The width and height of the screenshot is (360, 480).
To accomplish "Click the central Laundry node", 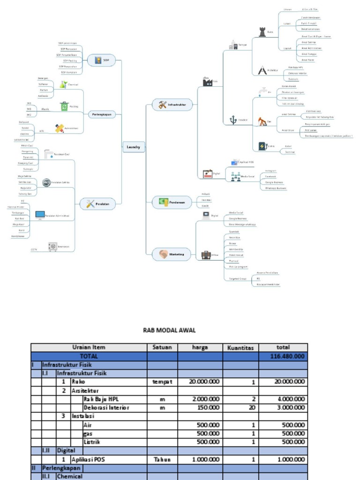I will coord(133,147).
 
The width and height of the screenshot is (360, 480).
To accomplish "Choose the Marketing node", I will coord(172,255).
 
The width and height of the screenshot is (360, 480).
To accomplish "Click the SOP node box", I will coord(101,60).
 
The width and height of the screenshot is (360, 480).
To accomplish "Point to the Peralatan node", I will coord(101,204).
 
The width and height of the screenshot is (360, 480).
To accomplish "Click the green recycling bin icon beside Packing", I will coord(64,106).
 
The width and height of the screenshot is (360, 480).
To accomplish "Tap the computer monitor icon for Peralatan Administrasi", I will coord(40,216).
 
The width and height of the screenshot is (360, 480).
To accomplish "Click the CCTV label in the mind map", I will coord(34,249).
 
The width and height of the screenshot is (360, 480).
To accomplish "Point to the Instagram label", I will coord(270,171).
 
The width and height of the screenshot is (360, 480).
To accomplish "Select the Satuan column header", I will coord(162,348).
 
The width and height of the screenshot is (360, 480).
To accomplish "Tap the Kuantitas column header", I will coord(240,348).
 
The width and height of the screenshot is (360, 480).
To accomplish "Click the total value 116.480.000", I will coord(287,356).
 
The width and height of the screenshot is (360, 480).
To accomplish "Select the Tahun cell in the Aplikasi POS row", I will coord(162,459).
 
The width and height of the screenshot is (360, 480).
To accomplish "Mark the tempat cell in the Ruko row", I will coord(162,382).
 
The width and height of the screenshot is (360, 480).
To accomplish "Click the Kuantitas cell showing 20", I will coord(252,407).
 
